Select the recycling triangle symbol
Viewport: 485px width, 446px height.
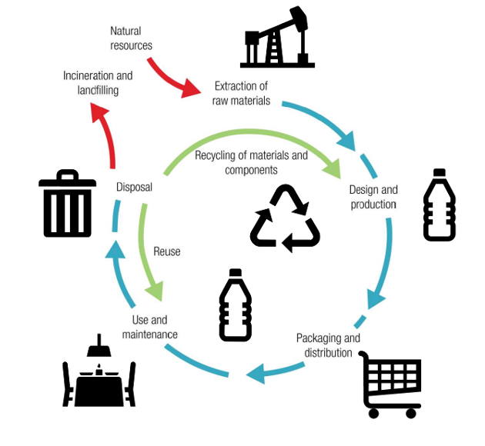285,218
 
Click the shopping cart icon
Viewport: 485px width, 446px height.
391,384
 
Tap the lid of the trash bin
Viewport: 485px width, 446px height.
68,183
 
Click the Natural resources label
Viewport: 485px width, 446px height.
131,38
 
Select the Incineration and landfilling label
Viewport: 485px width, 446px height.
98,83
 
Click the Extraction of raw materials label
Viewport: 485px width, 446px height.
241,92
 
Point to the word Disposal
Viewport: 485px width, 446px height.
134,187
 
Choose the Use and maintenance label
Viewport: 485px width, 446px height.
149,327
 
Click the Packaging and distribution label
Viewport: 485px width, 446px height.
328,345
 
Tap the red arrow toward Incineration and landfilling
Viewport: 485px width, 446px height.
103,135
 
